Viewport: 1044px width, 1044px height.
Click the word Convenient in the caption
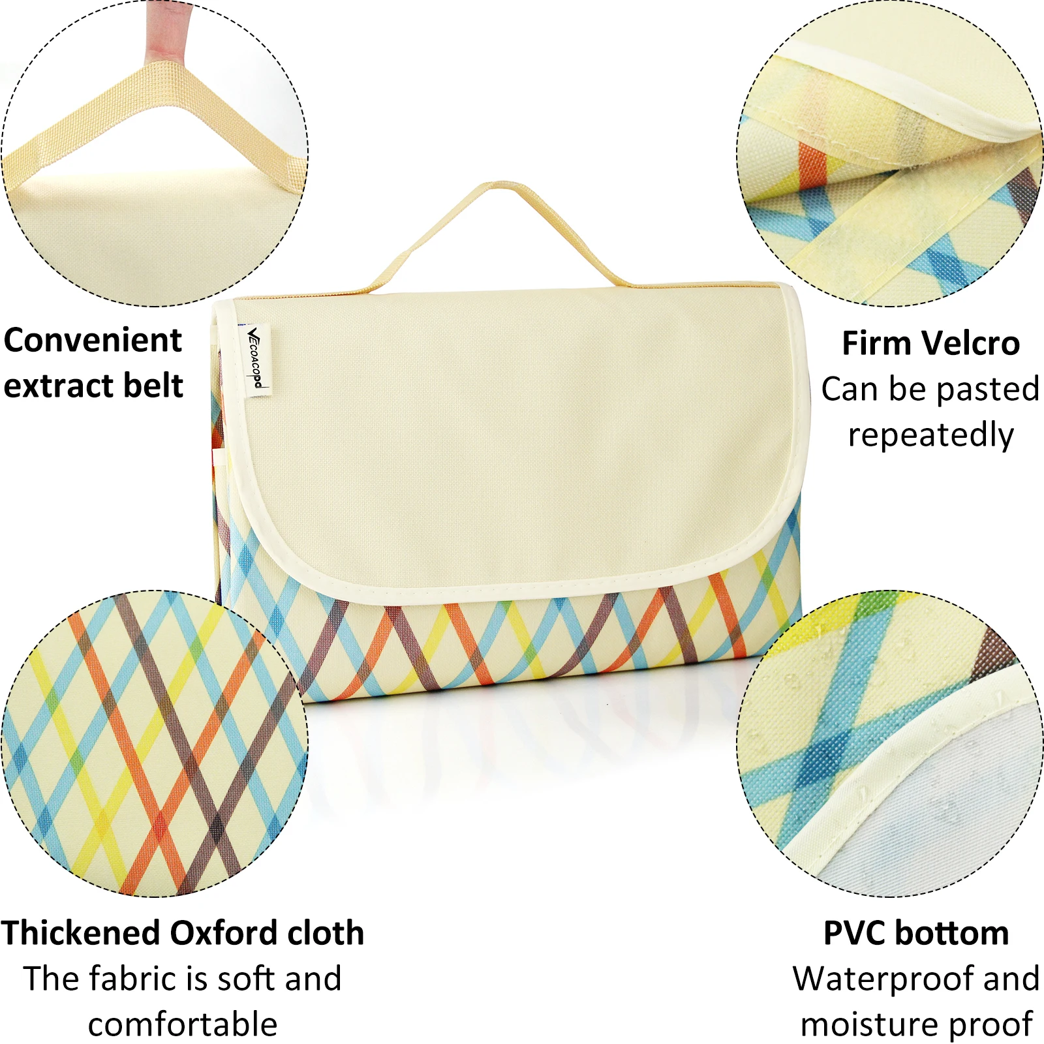pos(93,341)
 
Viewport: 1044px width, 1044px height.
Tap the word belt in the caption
pos(153,385)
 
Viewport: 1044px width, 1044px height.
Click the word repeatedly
pos(930,435)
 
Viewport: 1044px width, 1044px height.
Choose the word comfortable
pos(183,1024)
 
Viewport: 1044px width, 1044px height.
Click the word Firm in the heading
pos(874,343)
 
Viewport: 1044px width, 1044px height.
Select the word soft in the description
pos(245,979)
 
